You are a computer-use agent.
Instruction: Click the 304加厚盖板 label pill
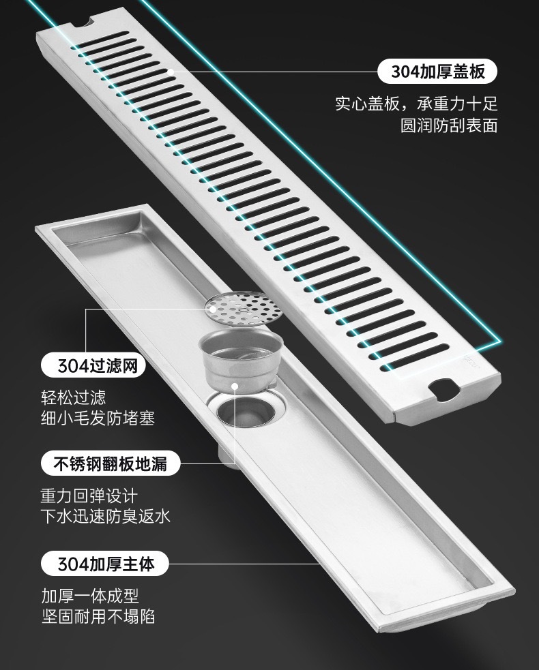438,71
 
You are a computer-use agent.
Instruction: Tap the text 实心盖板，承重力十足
416,104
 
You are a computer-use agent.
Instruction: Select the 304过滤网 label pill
93,366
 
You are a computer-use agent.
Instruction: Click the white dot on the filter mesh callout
214,309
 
